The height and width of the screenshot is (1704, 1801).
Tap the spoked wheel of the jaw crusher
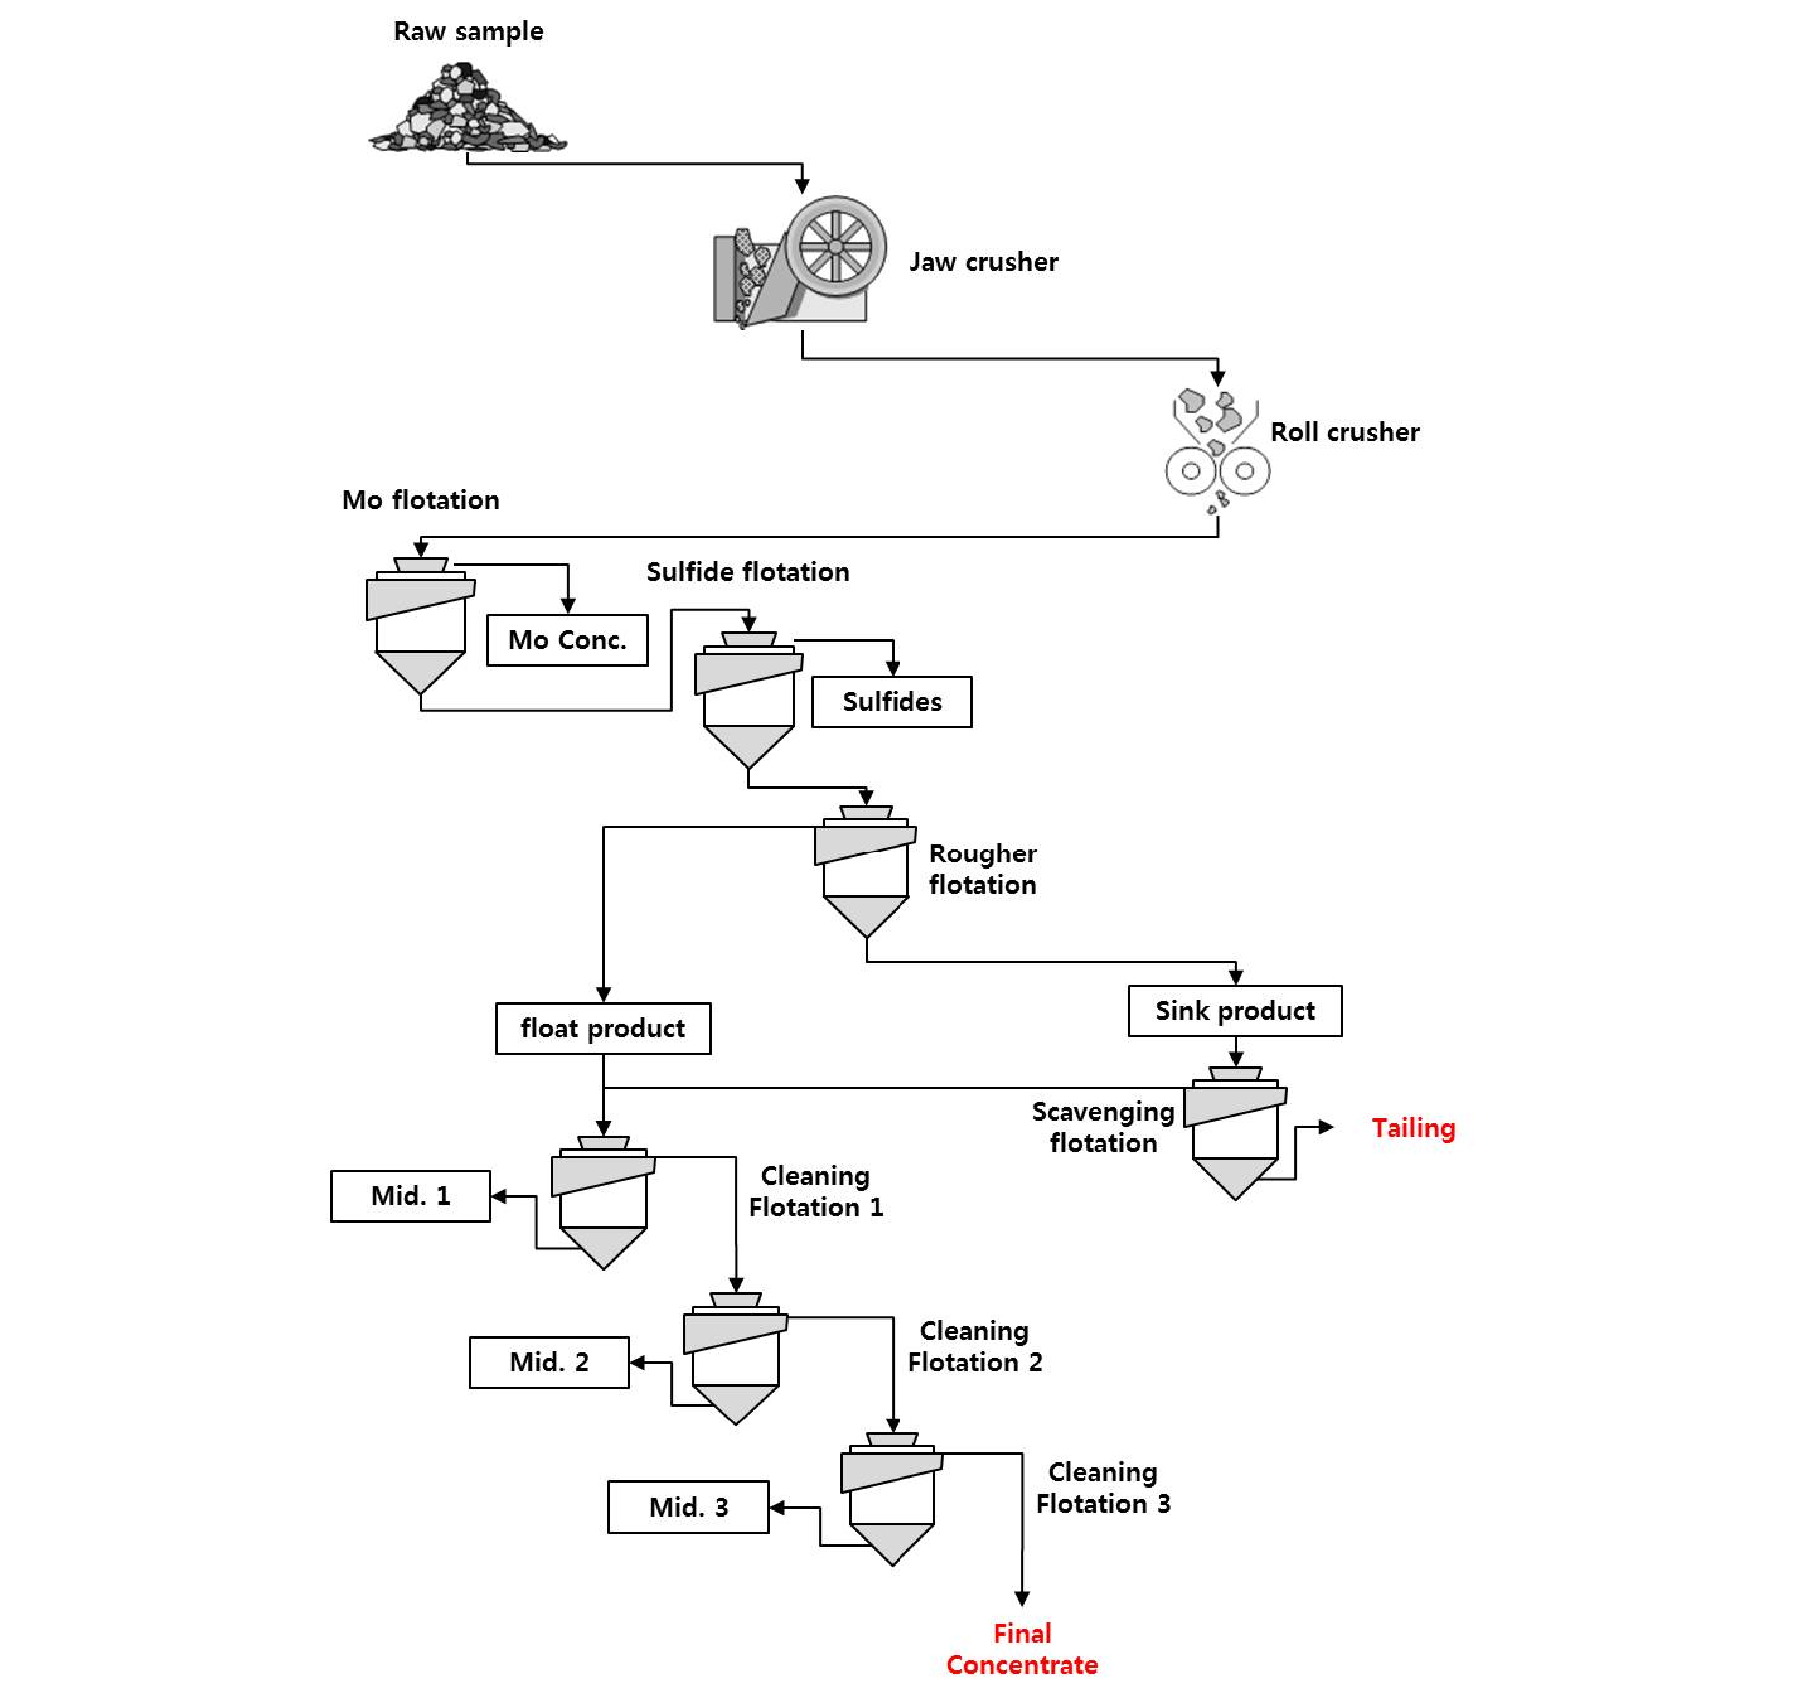pos(835,246)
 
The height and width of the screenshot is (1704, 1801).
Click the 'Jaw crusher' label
pos(983,262)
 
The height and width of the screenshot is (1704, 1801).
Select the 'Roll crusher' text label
pos(1344,432)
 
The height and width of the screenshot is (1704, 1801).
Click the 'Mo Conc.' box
pos(567,640)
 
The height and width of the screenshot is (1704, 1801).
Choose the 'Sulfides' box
pos(892,702)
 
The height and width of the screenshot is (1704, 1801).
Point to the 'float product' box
pos(603,1028)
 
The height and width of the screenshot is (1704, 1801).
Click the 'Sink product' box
pos(1235,1011)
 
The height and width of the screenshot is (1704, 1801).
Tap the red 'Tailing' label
pos(1413,1128)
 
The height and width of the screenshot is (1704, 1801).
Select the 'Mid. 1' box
pos(410,1196)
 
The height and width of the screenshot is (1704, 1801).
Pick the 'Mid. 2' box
pos(549,1362)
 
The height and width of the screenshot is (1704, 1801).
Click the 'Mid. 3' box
pos(688,1507)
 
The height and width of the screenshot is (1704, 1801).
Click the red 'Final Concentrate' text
pos(1022,1649)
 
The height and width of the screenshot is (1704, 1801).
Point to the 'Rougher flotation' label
pos(983,869)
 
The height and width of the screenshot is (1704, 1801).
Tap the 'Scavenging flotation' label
pos(1103,1127)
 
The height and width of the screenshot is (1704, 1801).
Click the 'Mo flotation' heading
pos(420,500)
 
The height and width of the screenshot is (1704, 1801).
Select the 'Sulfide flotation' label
pos(748,572)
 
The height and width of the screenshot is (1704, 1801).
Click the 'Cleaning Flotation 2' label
pos(975,1346)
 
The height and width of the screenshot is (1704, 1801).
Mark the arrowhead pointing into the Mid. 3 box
pos(777,1508)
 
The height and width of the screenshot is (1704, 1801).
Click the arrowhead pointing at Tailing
pos(1326,1127)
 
